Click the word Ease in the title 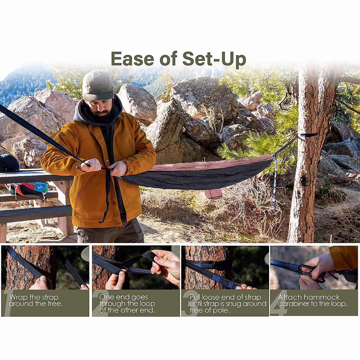(132, 58)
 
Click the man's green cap (98, 86)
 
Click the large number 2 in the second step (97, 303)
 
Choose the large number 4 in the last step (277, 303)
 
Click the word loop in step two (147, 304)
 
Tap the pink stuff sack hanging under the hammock (213, 193)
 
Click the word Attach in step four (289, 297)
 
